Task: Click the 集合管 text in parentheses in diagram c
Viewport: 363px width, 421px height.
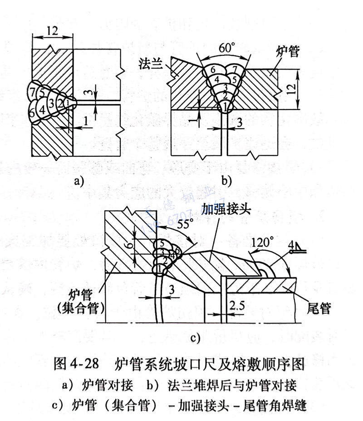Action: pos(82,307)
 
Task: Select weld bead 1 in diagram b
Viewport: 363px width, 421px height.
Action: pos(224,107)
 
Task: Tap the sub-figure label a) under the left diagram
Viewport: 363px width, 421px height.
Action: pos(78,181)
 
